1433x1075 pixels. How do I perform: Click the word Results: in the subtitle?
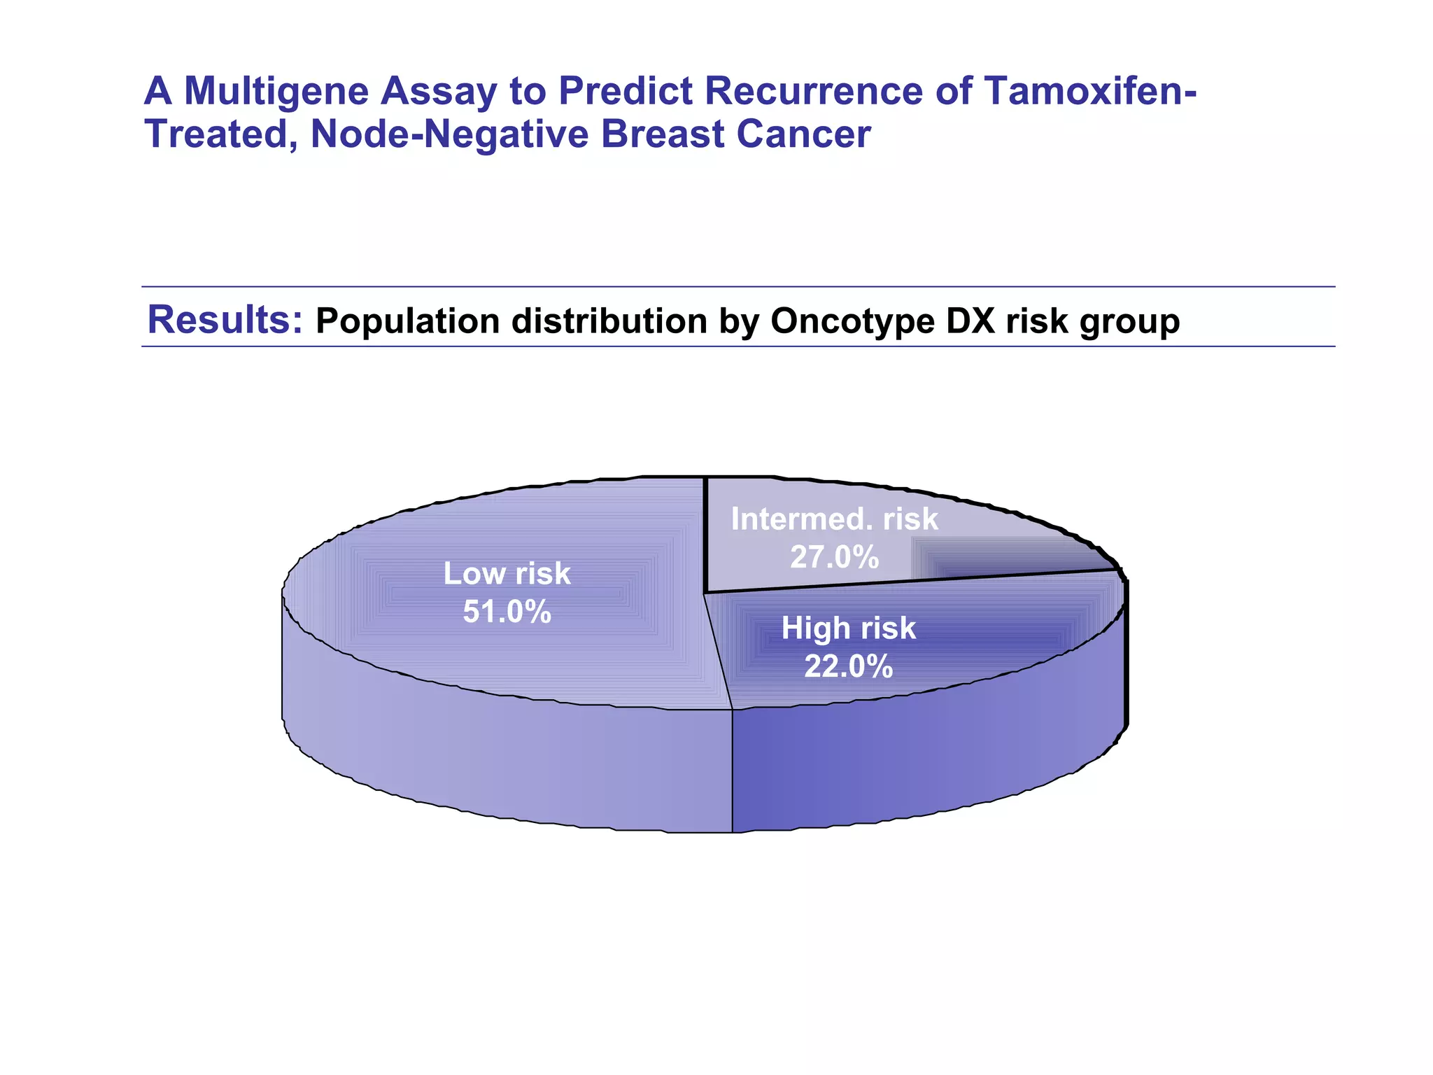[x=225, y=320]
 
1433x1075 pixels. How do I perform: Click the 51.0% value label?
[x=507, y=612]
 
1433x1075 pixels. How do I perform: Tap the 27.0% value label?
[x=834, y=557]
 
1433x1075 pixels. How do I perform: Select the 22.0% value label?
[x=848, y=666]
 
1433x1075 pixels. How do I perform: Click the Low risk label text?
[x=507, y=574]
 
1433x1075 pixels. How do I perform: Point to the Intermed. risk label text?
[x=834, y=519]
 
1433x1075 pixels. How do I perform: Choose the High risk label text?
[x=848, y=628]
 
